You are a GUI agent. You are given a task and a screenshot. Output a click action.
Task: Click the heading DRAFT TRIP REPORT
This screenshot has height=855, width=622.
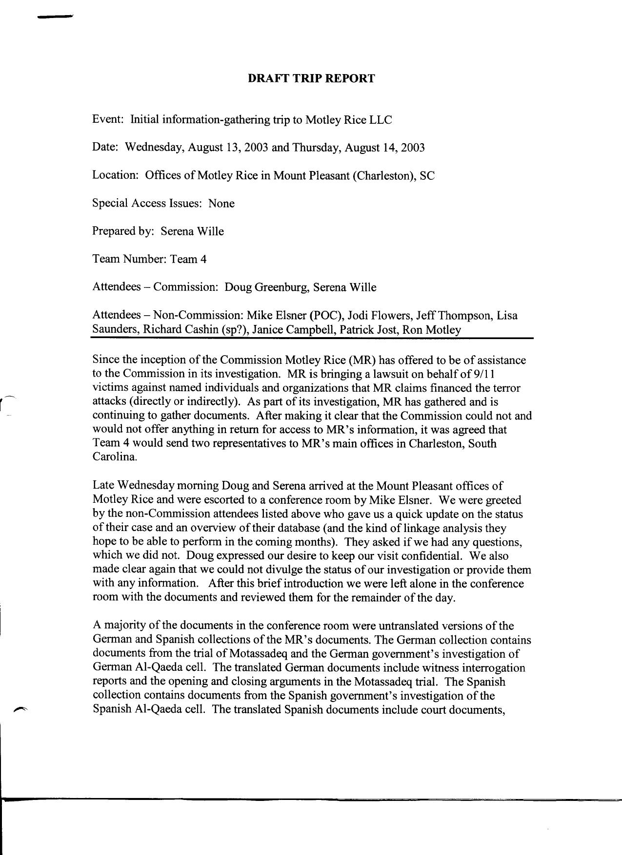tap(311, 78)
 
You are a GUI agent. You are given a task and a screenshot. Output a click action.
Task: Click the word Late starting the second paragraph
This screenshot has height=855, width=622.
tap(103, 486)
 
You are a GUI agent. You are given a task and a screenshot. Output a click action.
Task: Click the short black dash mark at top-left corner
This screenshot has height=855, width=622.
tap(55, 17)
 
